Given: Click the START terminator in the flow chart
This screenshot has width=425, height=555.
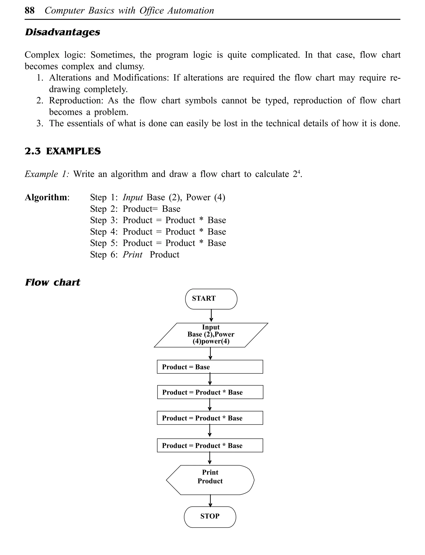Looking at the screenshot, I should click(x=211, y=299).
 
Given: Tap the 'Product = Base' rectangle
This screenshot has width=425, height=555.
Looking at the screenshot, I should click(x=210, y=367).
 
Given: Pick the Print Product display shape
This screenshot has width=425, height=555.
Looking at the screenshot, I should click(x=210, y=480).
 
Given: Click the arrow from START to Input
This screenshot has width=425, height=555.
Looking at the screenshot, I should click(x=211, y=316).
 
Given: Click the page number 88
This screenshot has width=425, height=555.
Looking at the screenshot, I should click(x=30, y=11).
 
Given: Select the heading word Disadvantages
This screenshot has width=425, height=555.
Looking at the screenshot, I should click(x=62, y=32).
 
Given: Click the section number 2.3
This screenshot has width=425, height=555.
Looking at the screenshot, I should click(x=33, y=151).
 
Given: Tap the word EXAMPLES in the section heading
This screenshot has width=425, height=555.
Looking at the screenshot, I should click(x=73, y=151).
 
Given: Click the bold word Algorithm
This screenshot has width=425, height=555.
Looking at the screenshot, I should click(x=46, y=197).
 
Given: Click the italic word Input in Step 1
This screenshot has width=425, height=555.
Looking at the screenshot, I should click(x=133, y=197).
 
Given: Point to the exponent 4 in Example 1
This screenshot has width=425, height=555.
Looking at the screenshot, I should click(x=298, y=172).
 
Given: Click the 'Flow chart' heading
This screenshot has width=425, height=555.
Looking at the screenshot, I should click(x=53, y=282).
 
